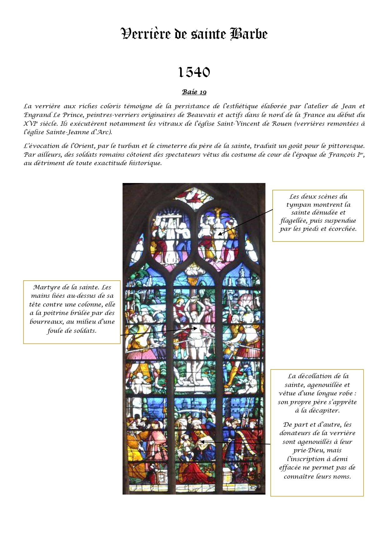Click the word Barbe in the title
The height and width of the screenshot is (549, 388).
click(249, 34)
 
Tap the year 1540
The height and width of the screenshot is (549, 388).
click(194, 73)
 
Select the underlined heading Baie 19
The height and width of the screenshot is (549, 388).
click(194, 92)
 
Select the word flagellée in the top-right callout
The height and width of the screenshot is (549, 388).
click(292, 221)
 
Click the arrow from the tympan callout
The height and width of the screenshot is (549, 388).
click(245, 222)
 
